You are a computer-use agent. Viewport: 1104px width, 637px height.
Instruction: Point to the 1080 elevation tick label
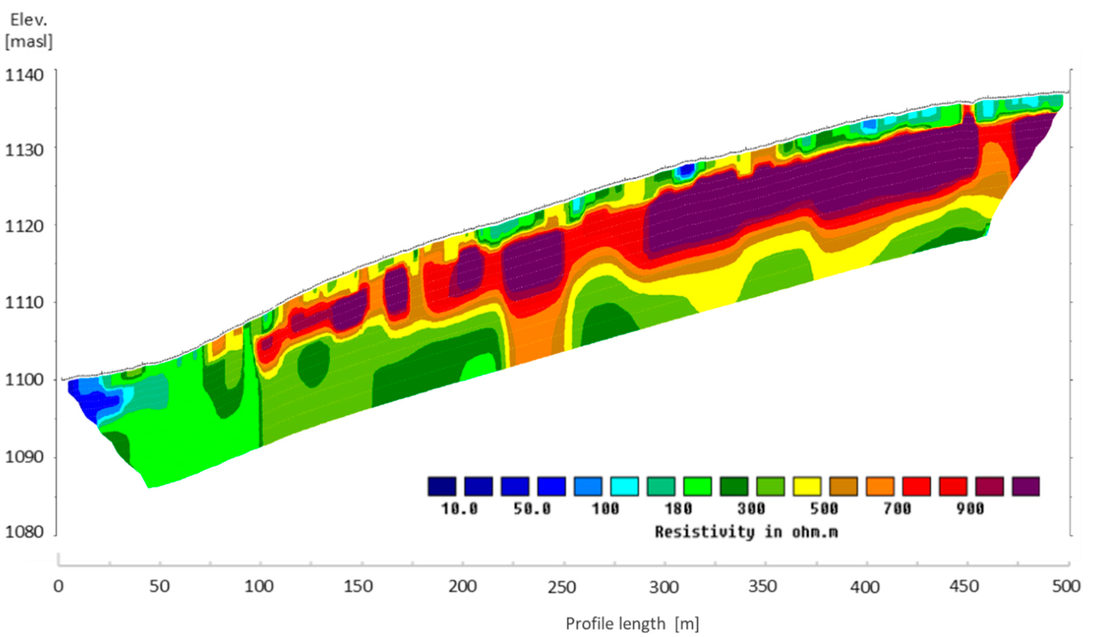tap(25, 532)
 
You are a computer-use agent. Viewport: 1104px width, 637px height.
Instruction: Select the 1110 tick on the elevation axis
tap(25, 302)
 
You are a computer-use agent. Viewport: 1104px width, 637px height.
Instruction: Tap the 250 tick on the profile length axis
tap(562, 587)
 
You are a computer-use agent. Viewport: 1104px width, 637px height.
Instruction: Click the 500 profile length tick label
tap(1066, 586)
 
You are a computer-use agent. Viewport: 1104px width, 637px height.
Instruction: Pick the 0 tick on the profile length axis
tap(58, 586)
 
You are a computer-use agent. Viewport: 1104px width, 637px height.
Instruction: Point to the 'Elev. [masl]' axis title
tap(29, 31)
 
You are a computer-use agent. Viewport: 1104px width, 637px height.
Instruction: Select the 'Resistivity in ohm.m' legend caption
tap(746, 532)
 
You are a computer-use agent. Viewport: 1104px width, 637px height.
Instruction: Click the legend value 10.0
tap(459, 509)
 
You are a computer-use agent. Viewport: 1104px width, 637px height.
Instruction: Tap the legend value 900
tap(970, 509)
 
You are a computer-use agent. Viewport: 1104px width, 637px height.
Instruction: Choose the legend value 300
tap(751, 509)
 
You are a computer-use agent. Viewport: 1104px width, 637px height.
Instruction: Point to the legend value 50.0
tap(532, 509)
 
